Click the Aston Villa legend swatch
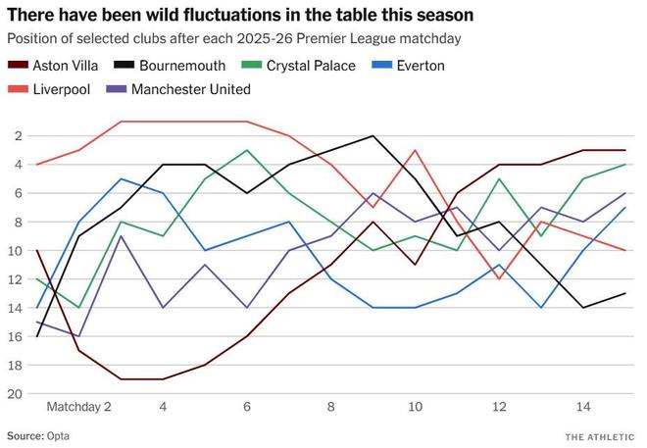pos(17,66)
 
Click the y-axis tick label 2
pos(23,136)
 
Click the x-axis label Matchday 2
pos(78,406)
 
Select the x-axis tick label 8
pos(330,406)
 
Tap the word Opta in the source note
pos(57,434)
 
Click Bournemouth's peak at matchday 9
pos(373,136)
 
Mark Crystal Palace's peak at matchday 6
pos(247,151)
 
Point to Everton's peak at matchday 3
pos(121,179)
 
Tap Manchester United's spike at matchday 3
pos(121,236)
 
